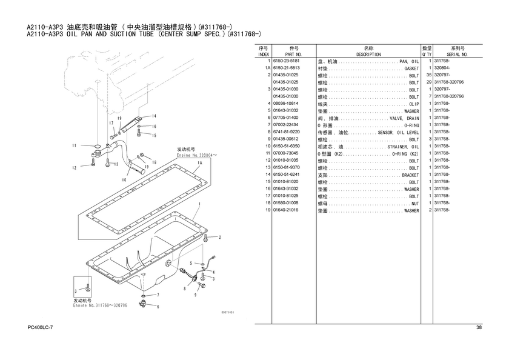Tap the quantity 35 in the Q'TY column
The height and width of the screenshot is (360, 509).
[428, 75]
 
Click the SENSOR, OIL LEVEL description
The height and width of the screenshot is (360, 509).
[398, 132]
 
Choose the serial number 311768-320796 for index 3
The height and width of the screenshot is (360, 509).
[449, 96]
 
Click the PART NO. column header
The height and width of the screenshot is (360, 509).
[294, 54]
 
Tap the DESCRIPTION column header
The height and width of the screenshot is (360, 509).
[368, 54]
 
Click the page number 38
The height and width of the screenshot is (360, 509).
[479, 328]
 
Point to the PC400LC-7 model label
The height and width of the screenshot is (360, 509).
[41, 328]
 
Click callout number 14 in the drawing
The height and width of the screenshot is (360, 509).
[155, 116]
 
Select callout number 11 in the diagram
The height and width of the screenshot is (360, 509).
[74, 145]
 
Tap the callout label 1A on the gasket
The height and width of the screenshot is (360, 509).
[199, 163]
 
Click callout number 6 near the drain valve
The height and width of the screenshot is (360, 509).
[158, 307]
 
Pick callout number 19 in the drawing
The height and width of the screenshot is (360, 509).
[120, 119]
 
